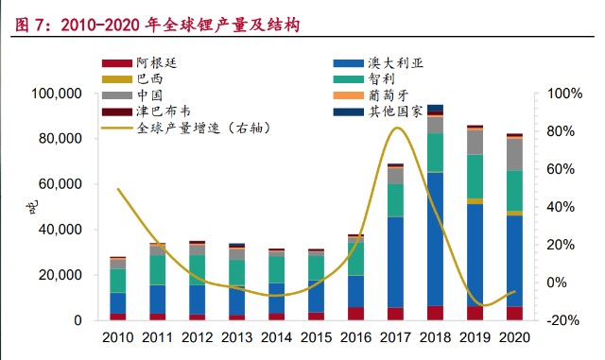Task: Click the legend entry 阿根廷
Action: tap(156, 63)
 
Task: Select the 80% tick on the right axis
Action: tap(559, 131)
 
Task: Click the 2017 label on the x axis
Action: tap(396, 337)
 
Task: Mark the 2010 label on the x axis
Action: tap(117, 337)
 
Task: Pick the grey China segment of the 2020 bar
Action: tap(515, 154)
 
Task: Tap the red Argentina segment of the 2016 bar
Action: tap(355, 314)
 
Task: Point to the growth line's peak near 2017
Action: tap(398, 128)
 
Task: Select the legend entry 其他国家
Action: tap(391, 111)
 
